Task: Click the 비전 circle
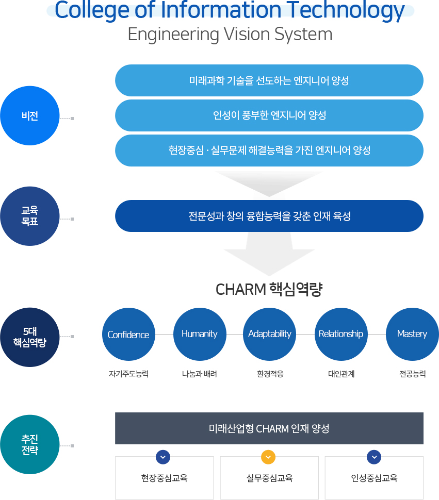click(x=30, y=115)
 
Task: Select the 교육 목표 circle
click(x=30, y=216)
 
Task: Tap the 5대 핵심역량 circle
click(x=30, y=337)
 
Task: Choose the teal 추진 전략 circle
click(x=30, y=444)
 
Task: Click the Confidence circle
click(x=128, y=335)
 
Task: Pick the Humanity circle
click(x=200, y=334)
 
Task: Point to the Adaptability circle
click(x=269, y=334)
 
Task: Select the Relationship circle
click(x=340, y=334)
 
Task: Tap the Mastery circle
click(x=412, y=334)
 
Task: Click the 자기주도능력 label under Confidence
click(x=128, y=374)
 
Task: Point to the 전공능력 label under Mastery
click(x=412, y=374)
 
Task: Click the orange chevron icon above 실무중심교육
click(x=268, y=457)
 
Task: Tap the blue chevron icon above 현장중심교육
click(x=163, y=457)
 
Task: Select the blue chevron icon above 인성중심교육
click(x=374, y=457)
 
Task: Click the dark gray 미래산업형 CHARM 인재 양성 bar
click(x=269, y=428)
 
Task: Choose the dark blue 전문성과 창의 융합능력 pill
click(x=269, y=216)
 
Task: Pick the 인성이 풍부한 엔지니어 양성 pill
click(x=269, y=115)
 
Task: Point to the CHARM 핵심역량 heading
click(x=269, y=290)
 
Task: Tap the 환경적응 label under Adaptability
click(x=270, y=374)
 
